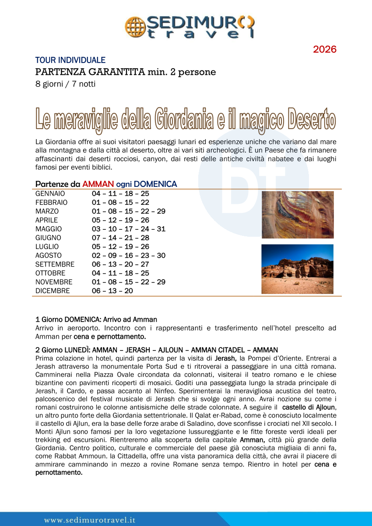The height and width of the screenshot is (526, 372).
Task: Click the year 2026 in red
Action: [x=325, y=49]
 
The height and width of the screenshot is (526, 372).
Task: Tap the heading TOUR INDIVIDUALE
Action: [x=70, y=60]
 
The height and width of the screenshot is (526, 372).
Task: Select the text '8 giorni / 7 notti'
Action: [x=66, y=84]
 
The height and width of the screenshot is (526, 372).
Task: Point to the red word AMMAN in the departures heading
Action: [x=98, y=184]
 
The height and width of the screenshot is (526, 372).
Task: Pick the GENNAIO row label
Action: [x=50, y=193]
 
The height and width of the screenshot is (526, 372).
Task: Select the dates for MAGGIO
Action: [x=129, y=229]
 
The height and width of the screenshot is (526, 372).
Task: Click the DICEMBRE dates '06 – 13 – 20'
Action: [x=112, y=291]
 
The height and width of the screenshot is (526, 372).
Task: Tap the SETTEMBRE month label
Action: [x=55, y=264]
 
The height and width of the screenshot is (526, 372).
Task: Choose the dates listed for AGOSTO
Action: [x=129, y=256]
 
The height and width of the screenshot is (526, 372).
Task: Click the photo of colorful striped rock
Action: [x=298, y=214]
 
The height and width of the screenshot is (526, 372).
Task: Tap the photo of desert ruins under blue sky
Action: [x=297, y=269]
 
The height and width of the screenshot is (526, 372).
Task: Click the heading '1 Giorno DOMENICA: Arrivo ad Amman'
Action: [x=96, y=319]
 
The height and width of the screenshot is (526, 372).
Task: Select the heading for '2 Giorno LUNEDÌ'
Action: [x=156, y=350]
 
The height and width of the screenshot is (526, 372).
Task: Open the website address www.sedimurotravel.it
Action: [x=90, y=520]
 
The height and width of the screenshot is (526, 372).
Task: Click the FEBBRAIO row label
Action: [x=52, y=203]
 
